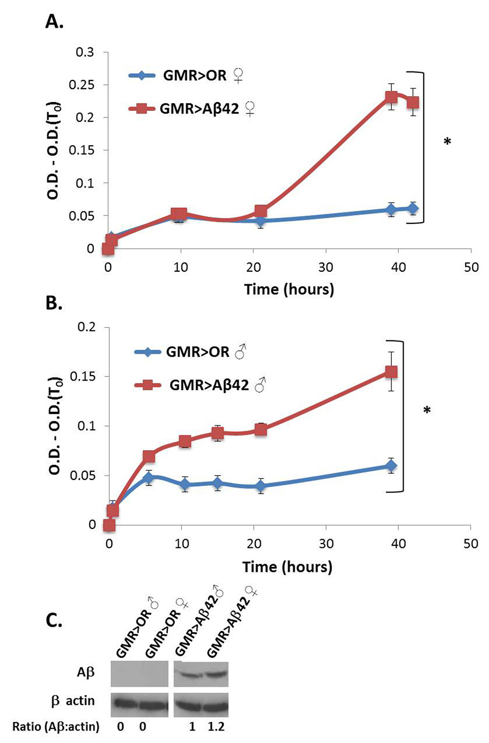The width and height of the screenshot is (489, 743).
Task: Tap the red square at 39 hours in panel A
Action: point(391,98)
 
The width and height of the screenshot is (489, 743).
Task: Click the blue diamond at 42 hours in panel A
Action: point(413,208)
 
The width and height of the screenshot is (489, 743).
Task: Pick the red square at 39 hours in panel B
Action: point(391,372)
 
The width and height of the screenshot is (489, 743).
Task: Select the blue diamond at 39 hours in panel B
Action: point(391,465)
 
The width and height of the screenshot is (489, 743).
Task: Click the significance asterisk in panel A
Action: point(447,142)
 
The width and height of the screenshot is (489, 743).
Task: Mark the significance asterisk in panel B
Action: point(427,411)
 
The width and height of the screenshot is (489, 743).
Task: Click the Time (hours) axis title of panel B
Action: point(287,567)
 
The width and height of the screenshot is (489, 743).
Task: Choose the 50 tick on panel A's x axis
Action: point(471,267)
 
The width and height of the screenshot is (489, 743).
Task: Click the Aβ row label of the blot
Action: point(85,672)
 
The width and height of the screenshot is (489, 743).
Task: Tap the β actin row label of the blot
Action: point(72,701)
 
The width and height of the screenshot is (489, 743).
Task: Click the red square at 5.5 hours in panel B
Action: point(149,456)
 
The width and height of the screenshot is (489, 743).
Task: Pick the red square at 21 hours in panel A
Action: point(260,211)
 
